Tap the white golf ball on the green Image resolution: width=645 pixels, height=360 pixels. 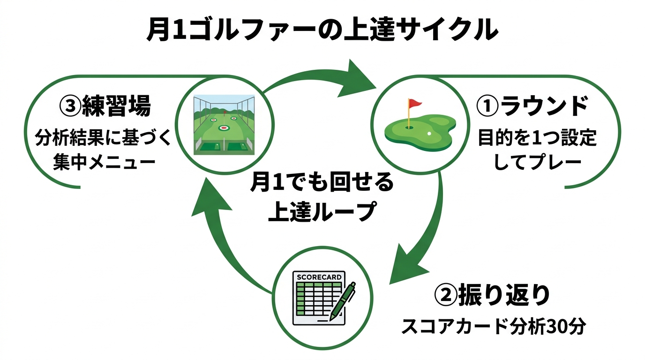[429, 134]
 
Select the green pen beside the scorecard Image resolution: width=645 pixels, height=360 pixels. [343, 300]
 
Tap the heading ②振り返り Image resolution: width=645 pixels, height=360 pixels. [491, 296]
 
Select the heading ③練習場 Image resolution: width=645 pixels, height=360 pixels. [105, 106]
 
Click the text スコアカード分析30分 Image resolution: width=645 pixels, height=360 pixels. [493, 327]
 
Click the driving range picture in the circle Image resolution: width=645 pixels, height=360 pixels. [224, 125]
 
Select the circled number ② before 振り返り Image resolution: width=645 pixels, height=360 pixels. [446, 296]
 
